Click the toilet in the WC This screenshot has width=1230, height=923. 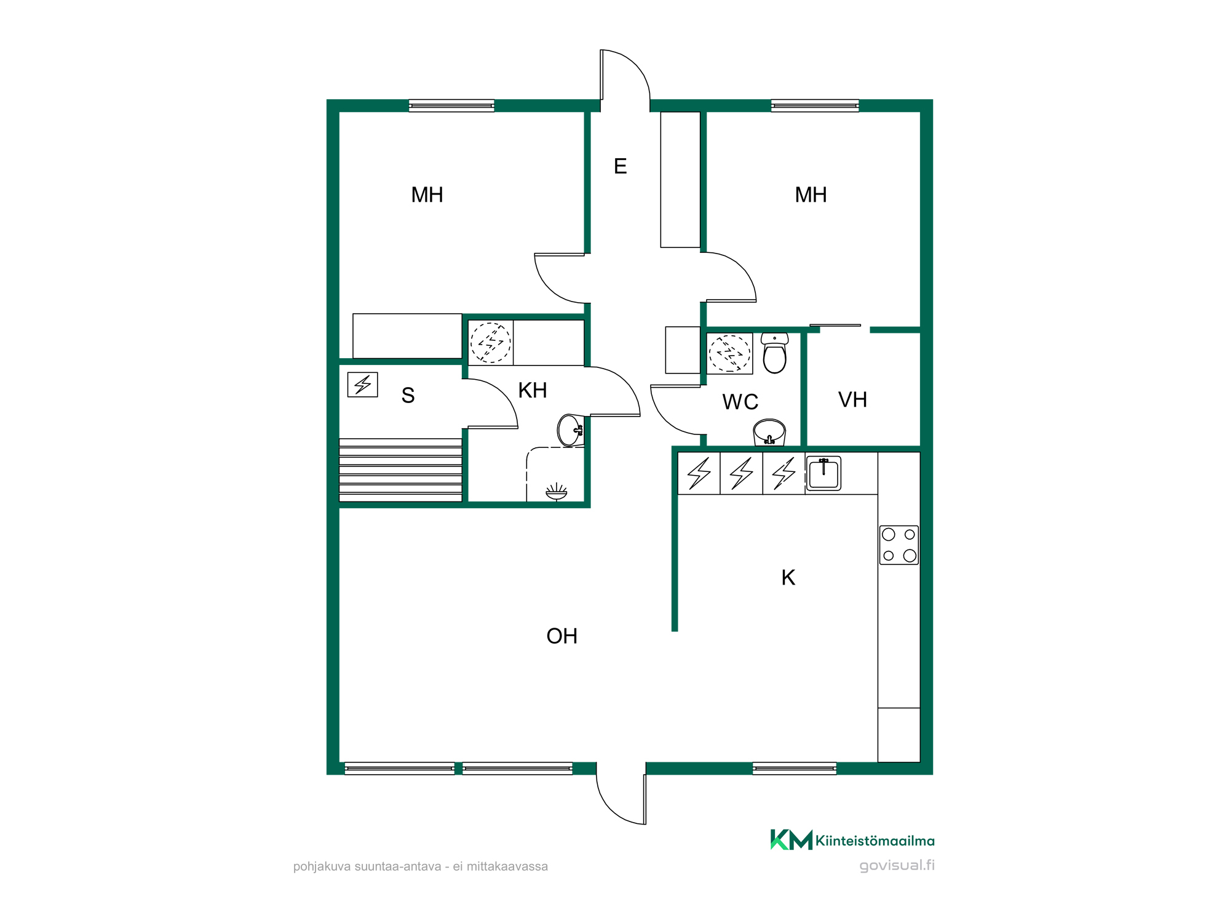774,353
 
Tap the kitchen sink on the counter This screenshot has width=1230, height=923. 823,473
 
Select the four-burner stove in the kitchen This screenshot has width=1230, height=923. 899,545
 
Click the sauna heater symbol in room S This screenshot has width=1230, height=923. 363,385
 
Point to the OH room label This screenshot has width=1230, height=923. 562,636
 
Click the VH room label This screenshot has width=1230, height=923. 852,400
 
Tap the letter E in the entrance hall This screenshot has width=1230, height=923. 621,166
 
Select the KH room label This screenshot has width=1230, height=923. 533,390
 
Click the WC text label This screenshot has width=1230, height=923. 740,402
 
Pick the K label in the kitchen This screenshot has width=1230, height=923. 788,578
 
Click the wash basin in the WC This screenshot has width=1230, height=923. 769,432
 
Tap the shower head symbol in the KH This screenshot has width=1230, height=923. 557,492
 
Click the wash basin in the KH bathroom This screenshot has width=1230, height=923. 570,430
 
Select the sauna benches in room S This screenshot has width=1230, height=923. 400,469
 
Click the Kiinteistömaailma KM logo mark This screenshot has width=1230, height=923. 792,840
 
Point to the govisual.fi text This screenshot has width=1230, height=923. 897,865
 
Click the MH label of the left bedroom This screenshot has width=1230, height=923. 427,195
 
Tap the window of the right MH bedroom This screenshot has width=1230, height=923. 815,105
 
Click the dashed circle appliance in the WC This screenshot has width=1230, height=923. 729,354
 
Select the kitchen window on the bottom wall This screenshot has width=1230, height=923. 795,768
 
